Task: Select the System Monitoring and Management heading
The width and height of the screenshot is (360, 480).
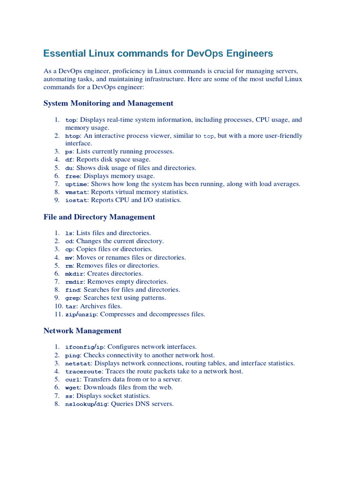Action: coord(108,103)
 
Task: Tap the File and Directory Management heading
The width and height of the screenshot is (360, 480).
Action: coord(99,217)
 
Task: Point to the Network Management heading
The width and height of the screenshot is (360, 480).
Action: coord(82,331)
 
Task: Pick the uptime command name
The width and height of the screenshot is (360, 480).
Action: coord(76,184)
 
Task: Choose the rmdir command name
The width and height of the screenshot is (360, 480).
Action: coord(75,282)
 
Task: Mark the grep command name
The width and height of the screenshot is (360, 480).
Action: coord(73,298)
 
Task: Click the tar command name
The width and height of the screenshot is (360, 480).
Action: coord(71,306)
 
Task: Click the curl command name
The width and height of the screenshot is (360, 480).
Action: coord(73,380)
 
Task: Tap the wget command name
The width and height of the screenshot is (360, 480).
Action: coord(73,388)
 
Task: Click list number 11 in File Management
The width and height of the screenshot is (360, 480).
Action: coord(59,315)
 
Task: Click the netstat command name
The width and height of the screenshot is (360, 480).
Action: coord(78,363)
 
